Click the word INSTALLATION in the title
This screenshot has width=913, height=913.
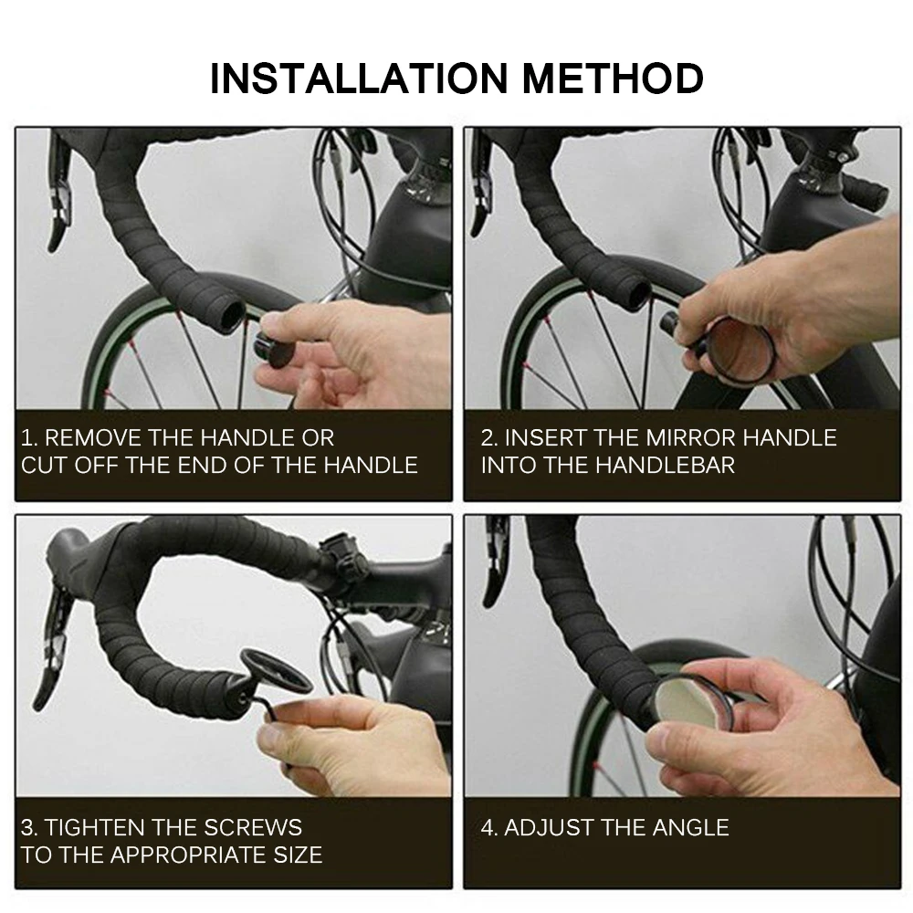tap(359, 78)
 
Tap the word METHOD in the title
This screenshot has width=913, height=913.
tap(614, 78)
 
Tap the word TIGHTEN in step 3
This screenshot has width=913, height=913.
tap(96, 827)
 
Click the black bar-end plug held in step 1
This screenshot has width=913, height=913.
tap(274, 350)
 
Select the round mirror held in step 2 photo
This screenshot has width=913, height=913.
tap(739, 350)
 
